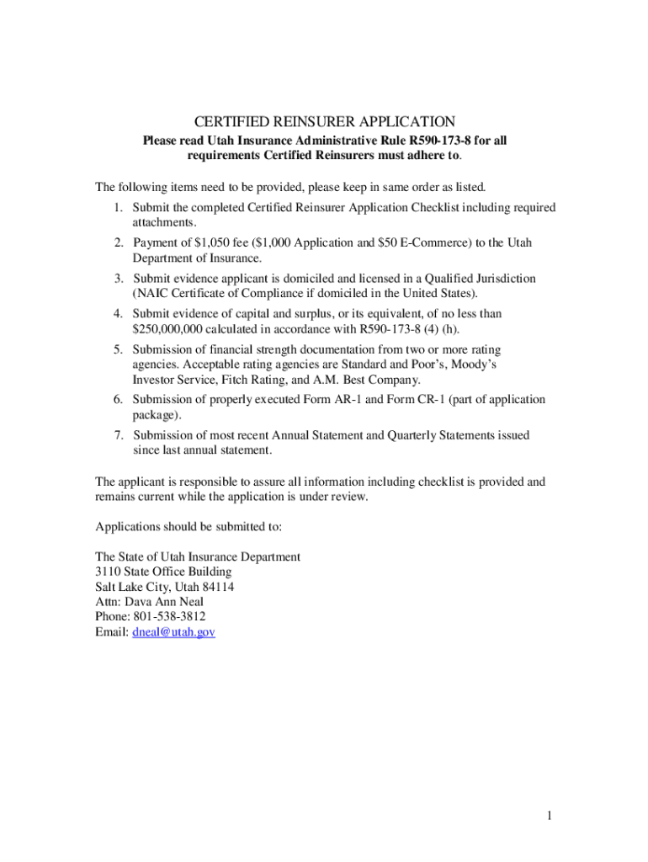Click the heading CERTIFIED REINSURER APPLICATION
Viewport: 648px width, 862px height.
[325, 121]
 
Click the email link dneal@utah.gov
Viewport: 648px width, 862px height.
[173, 631]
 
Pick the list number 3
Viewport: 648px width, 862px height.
[120, 278]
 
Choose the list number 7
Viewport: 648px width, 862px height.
[120, 435]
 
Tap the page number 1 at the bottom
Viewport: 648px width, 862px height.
[548, 816]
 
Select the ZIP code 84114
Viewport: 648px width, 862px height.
[215, 587]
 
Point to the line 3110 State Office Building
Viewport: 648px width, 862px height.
[163, 572]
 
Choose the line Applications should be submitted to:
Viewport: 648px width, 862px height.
[189, 527]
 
